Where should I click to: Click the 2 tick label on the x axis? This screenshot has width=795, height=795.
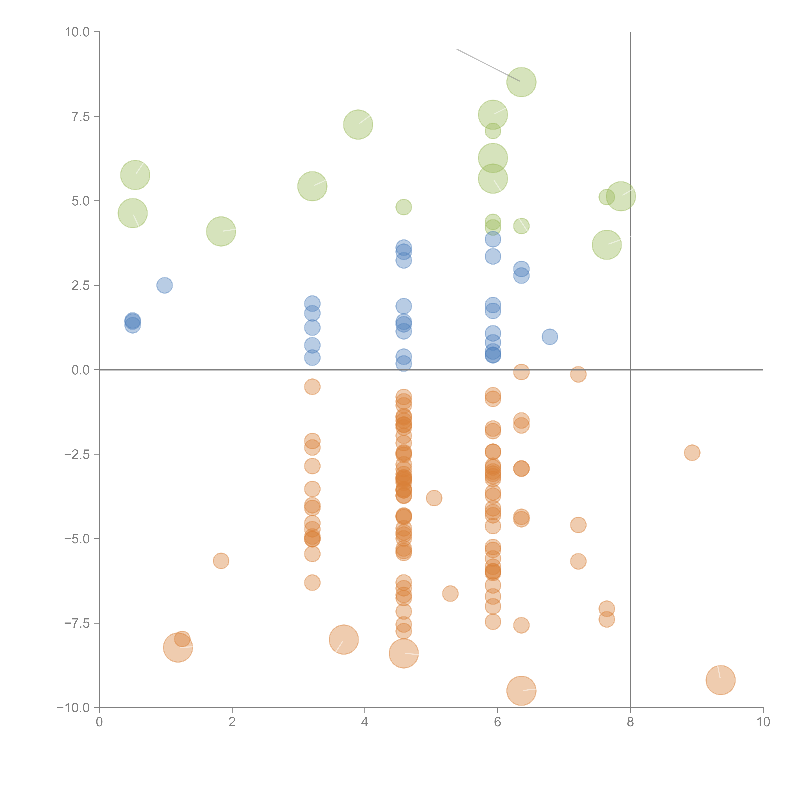point(232,722)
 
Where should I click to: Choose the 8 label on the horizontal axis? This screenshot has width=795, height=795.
point(630,722)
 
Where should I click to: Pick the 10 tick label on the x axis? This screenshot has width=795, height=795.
point(763,722)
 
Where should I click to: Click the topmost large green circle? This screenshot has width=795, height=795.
point(521,82)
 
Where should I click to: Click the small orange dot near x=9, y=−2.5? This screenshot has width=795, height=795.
point(692,453)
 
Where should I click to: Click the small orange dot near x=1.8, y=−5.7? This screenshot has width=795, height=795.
point(221,561)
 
